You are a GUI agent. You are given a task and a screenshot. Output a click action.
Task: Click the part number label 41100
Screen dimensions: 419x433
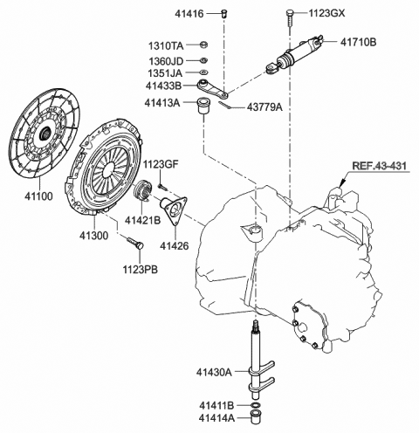point(38,196)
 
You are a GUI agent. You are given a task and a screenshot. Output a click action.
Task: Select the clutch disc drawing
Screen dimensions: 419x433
point(45,133)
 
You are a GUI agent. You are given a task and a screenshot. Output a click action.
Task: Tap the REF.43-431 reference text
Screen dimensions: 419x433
point(379,166)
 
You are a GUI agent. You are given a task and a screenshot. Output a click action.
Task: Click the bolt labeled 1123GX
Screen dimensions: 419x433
point(290,17)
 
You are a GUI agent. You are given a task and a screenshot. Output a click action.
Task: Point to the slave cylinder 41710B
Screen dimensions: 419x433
point(294,55)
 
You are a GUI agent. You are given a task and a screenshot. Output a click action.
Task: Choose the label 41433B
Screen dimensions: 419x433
point(163,86)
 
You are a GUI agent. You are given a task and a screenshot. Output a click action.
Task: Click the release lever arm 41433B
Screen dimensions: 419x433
point(213,88)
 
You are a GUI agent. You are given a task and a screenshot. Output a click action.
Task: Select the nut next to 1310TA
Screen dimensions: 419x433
point(203,45)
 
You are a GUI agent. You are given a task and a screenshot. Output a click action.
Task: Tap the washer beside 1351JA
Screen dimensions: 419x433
point(203,72)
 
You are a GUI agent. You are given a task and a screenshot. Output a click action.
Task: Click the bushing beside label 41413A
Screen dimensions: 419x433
point(204,107)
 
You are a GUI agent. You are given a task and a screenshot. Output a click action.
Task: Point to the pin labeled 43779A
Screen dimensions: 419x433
point(225,105)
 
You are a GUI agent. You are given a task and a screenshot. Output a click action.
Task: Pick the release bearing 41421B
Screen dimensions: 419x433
point(143,189)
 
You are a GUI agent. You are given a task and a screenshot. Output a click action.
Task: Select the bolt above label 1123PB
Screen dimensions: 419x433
point(135,243)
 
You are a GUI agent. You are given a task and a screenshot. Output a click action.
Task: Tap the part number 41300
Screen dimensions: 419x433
point(93,236)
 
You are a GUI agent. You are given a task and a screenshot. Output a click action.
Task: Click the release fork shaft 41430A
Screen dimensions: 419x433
point(258,360)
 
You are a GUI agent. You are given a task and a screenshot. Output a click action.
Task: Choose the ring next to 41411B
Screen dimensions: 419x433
point(256,405)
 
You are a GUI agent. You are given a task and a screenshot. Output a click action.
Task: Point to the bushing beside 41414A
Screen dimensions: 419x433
point(256,417)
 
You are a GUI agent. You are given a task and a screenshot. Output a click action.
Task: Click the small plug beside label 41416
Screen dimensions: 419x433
point(224,13)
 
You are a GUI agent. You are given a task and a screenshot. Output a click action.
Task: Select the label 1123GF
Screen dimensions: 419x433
point(161,164)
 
